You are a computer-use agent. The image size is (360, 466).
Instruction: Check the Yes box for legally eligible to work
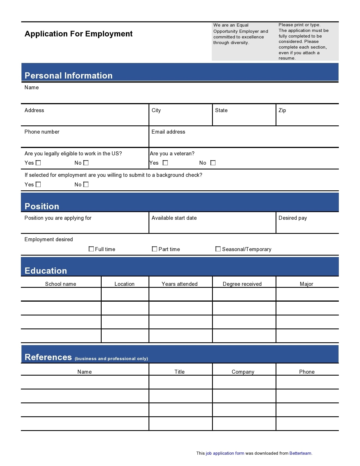click(x=38, y=163)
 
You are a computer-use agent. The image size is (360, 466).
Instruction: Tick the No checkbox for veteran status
click(x=213, y=163)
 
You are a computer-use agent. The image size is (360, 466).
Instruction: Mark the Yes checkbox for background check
click(x=38, y=184)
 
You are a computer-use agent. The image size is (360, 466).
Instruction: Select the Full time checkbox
click(x=91, y=249)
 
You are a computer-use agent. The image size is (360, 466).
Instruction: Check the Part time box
click(x=154, y=249)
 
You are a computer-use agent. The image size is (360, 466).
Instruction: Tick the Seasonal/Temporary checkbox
click(x=218, y=249)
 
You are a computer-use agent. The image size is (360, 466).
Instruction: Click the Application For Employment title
click(x=78, y=34)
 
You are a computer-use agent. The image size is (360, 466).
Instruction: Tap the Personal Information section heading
click(x=69, y=75)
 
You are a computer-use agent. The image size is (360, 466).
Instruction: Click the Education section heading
click(x=46, y=271)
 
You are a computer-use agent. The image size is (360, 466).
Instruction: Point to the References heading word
click(x=48, y=357)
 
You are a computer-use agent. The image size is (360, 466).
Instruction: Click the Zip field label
click(x=282, y=110)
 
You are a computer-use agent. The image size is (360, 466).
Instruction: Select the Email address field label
click(x=168, y=132)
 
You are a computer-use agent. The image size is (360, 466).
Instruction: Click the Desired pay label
click(x=293, y=218)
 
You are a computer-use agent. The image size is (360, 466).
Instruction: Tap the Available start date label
click(x=174, y=218)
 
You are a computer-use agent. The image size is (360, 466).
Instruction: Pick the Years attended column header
click(x=180, y=284)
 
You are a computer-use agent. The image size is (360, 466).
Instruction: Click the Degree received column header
click(x=242, y=284)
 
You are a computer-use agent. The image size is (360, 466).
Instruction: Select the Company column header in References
click(x=243, y=372)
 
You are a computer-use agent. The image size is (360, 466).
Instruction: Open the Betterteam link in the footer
click(x=300, y=453)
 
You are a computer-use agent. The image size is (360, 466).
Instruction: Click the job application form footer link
click(x=225, y=453)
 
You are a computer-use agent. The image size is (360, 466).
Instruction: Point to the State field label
click(x=221, y=110)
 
